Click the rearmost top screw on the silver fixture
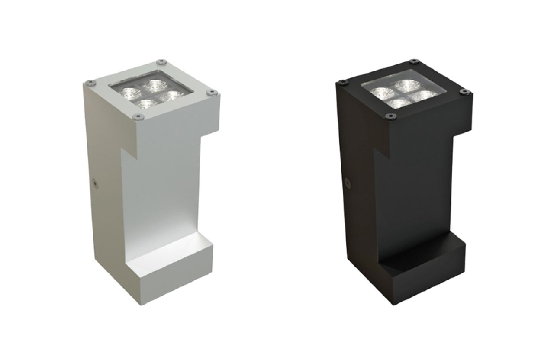tap(161, 61)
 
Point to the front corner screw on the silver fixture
tap(138, 116)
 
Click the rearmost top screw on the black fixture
tap(414, 61)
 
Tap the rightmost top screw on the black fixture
tap(464, 91)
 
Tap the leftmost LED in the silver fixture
tap(128, 92)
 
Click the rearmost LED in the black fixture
tap(406, 84)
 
